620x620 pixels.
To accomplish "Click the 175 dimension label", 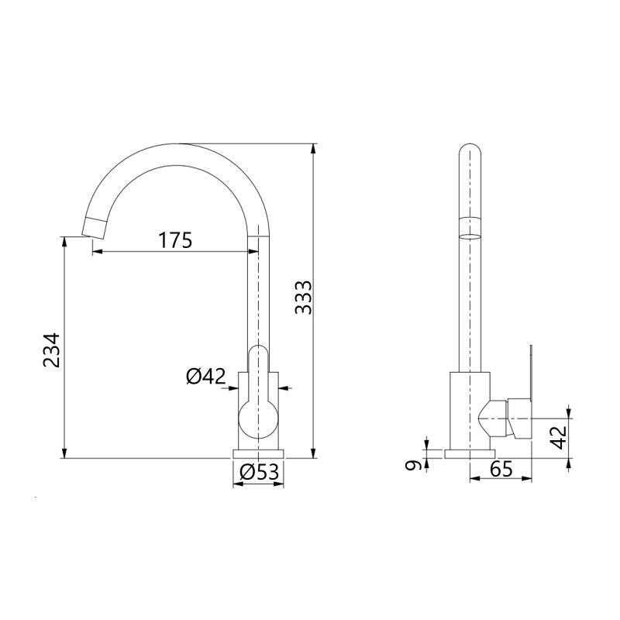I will [x=176, y=240].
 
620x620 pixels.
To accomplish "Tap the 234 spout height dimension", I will [x=51, y=351].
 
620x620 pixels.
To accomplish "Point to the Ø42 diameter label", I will [x=205, y=377].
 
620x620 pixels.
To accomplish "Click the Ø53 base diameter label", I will [x=258, y=472].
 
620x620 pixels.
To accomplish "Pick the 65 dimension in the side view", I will [x=501, y=469].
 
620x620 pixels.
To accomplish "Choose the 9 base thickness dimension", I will [x=414, y=466].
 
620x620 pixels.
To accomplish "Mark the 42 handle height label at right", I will [x=558, y=437].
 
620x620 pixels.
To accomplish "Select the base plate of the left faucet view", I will [x=258, y=453].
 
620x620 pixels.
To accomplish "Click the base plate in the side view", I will [x=470, y=453].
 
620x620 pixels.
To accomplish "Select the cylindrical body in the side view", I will [x=470, y=409].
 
